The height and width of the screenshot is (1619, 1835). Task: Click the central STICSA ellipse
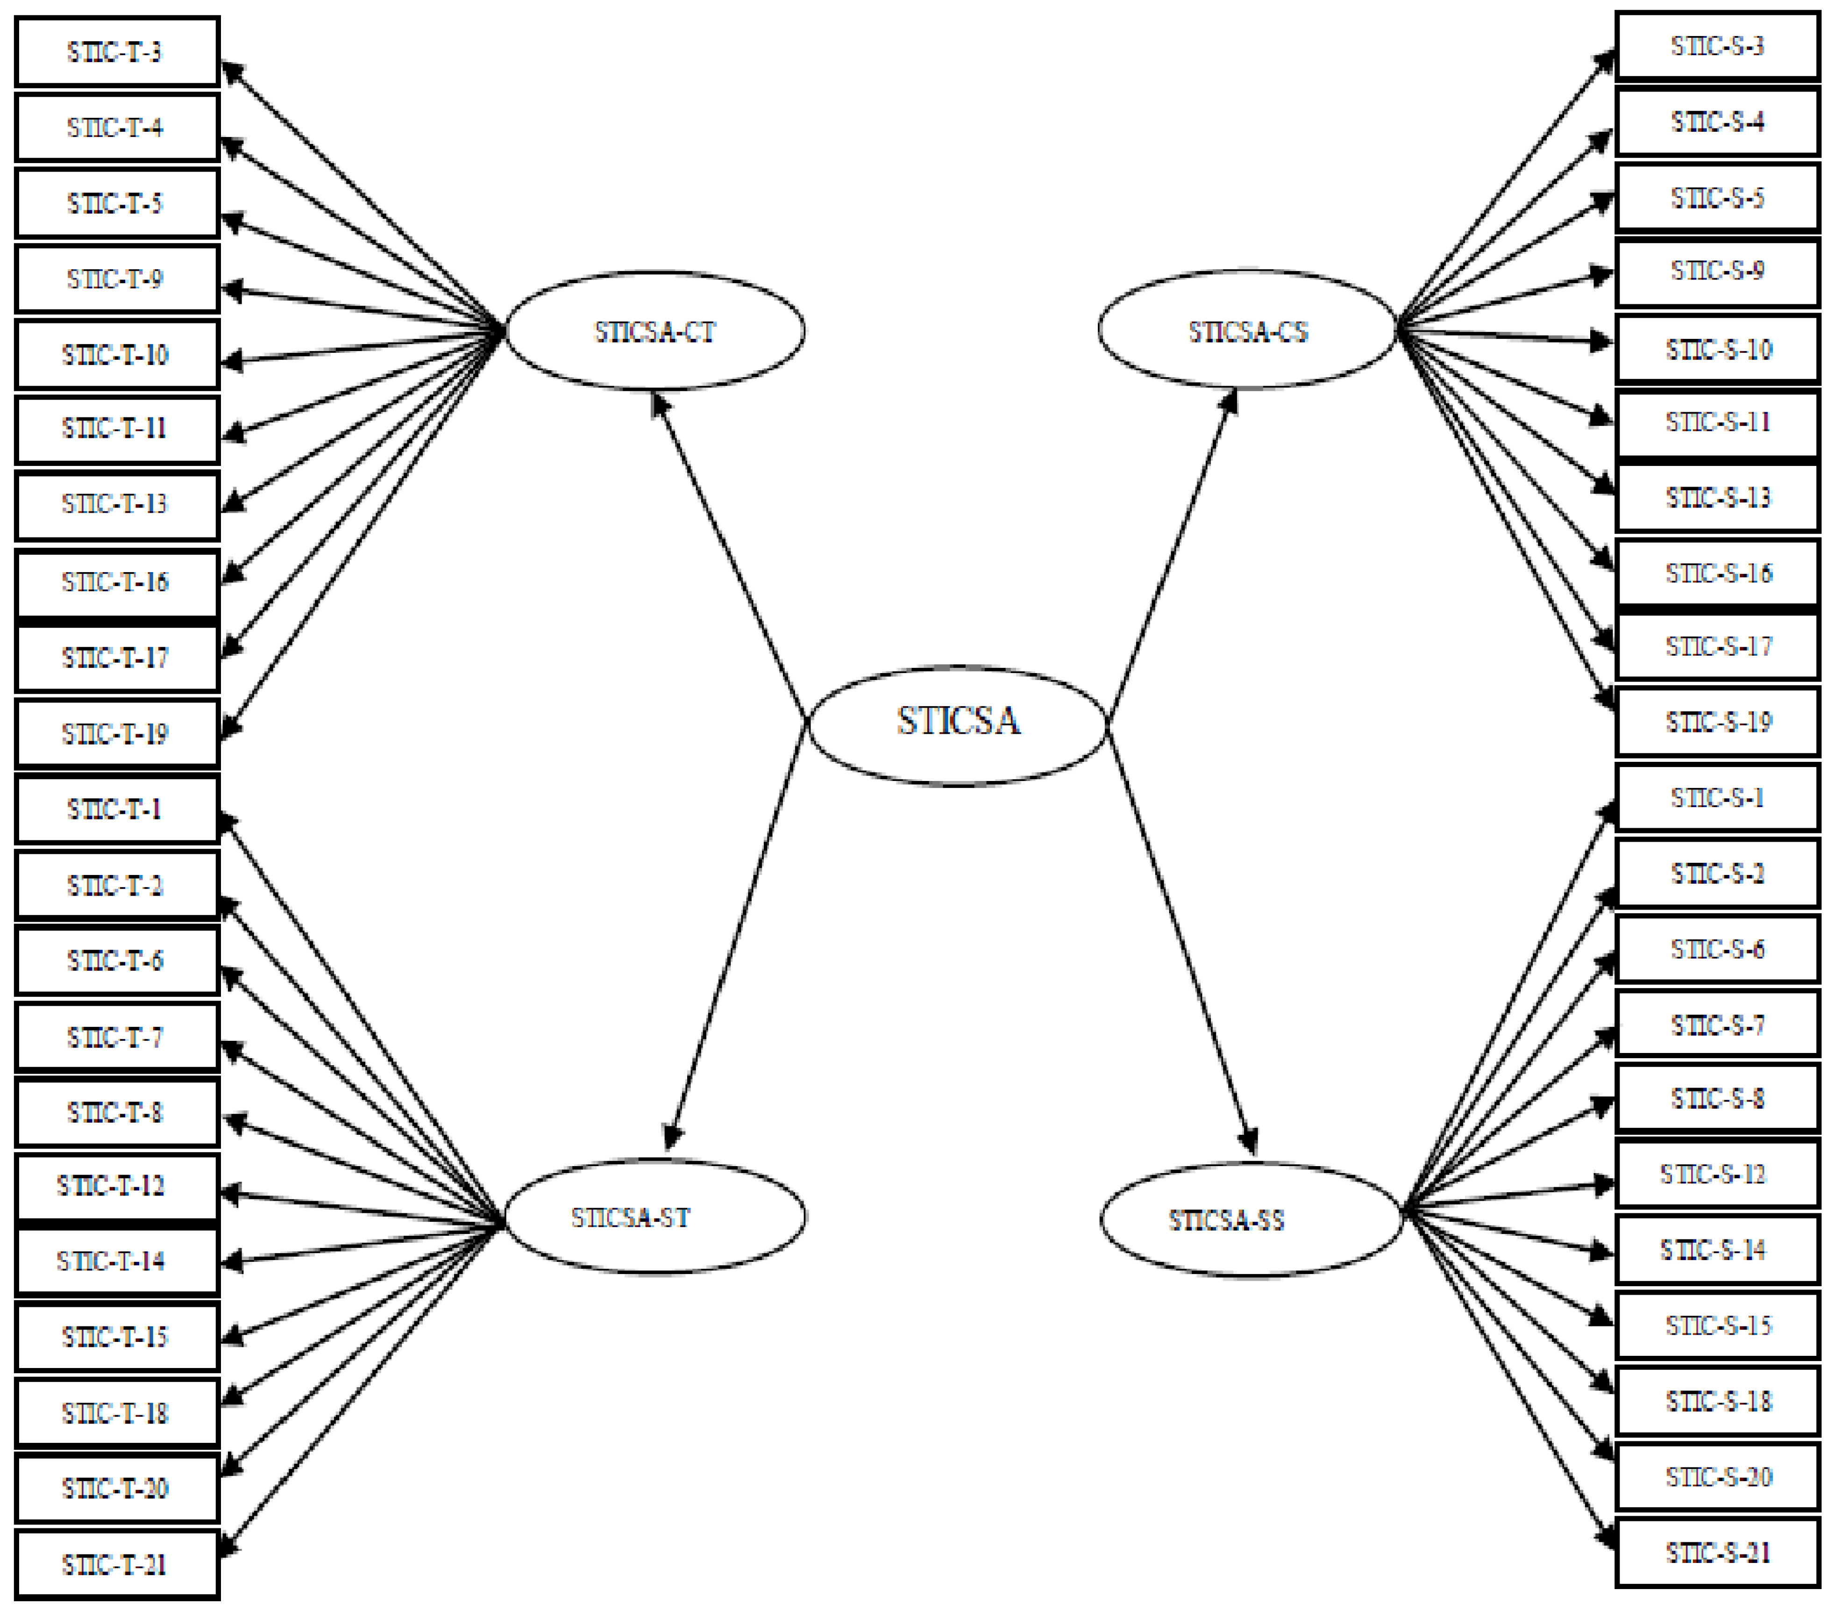click(957, 725)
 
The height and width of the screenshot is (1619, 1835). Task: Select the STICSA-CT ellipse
click(655, 331)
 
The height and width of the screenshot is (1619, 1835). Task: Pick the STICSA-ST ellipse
click(655, 1218)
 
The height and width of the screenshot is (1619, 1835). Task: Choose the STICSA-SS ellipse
click(1251, 1219)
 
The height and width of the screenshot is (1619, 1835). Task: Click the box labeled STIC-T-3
click(117, 52)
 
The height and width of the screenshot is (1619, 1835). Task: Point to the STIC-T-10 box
click(117, 355)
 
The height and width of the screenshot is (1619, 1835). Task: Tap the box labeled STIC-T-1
click(117, 810)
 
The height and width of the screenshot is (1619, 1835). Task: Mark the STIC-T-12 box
click(117, 1186)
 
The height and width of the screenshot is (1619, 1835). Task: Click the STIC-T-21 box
click(117, 1565)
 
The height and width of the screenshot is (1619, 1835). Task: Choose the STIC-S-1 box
click(1716, 797)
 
